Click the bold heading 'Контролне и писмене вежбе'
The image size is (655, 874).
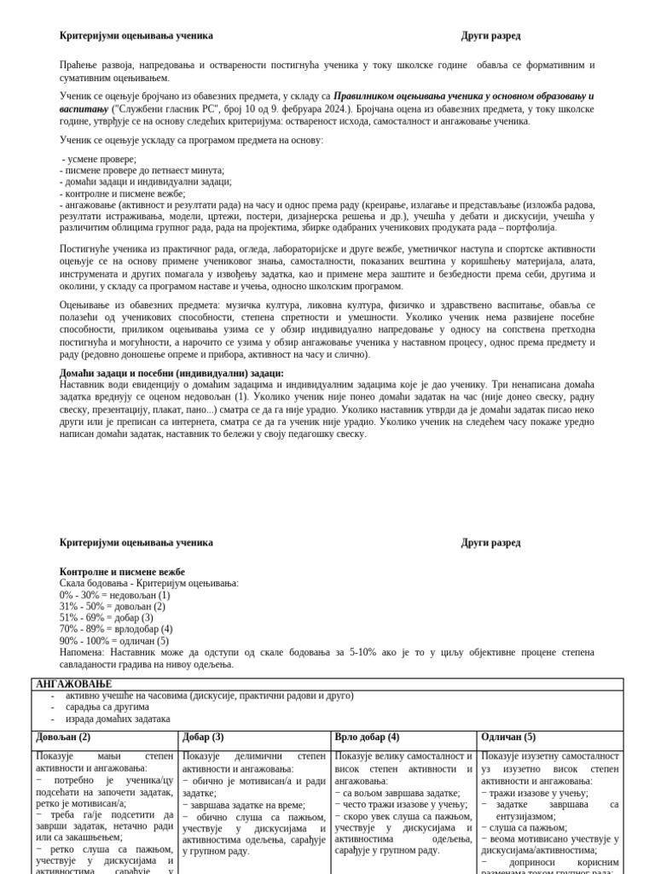click(122, 572)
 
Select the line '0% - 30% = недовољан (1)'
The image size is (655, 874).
click(114, 595)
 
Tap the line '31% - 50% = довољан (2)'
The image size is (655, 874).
click(113, 607)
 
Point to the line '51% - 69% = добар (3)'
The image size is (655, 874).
click(107, 618)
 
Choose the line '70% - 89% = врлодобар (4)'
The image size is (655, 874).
click(116, 629)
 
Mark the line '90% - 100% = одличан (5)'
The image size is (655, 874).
click(114, 641)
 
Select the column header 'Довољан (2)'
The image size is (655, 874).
click(63, 737)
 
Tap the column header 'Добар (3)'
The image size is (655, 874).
click(203, 737)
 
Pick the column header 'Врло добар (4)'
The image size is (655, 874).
click(367, 737)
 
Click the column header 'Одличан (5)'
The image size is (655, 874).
click(508, 737)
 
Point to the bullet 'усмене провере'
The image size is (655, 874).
click(101, 159)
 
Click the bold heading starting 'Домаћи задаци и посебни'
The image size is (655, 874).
click(171, 374)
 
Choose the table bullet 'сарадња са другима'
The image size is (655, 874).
click(107, 707)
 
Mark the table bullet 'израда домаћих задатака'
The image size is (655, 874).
click(118, 719)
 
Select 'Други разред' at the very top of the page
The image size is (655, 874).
click(490, 36)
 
